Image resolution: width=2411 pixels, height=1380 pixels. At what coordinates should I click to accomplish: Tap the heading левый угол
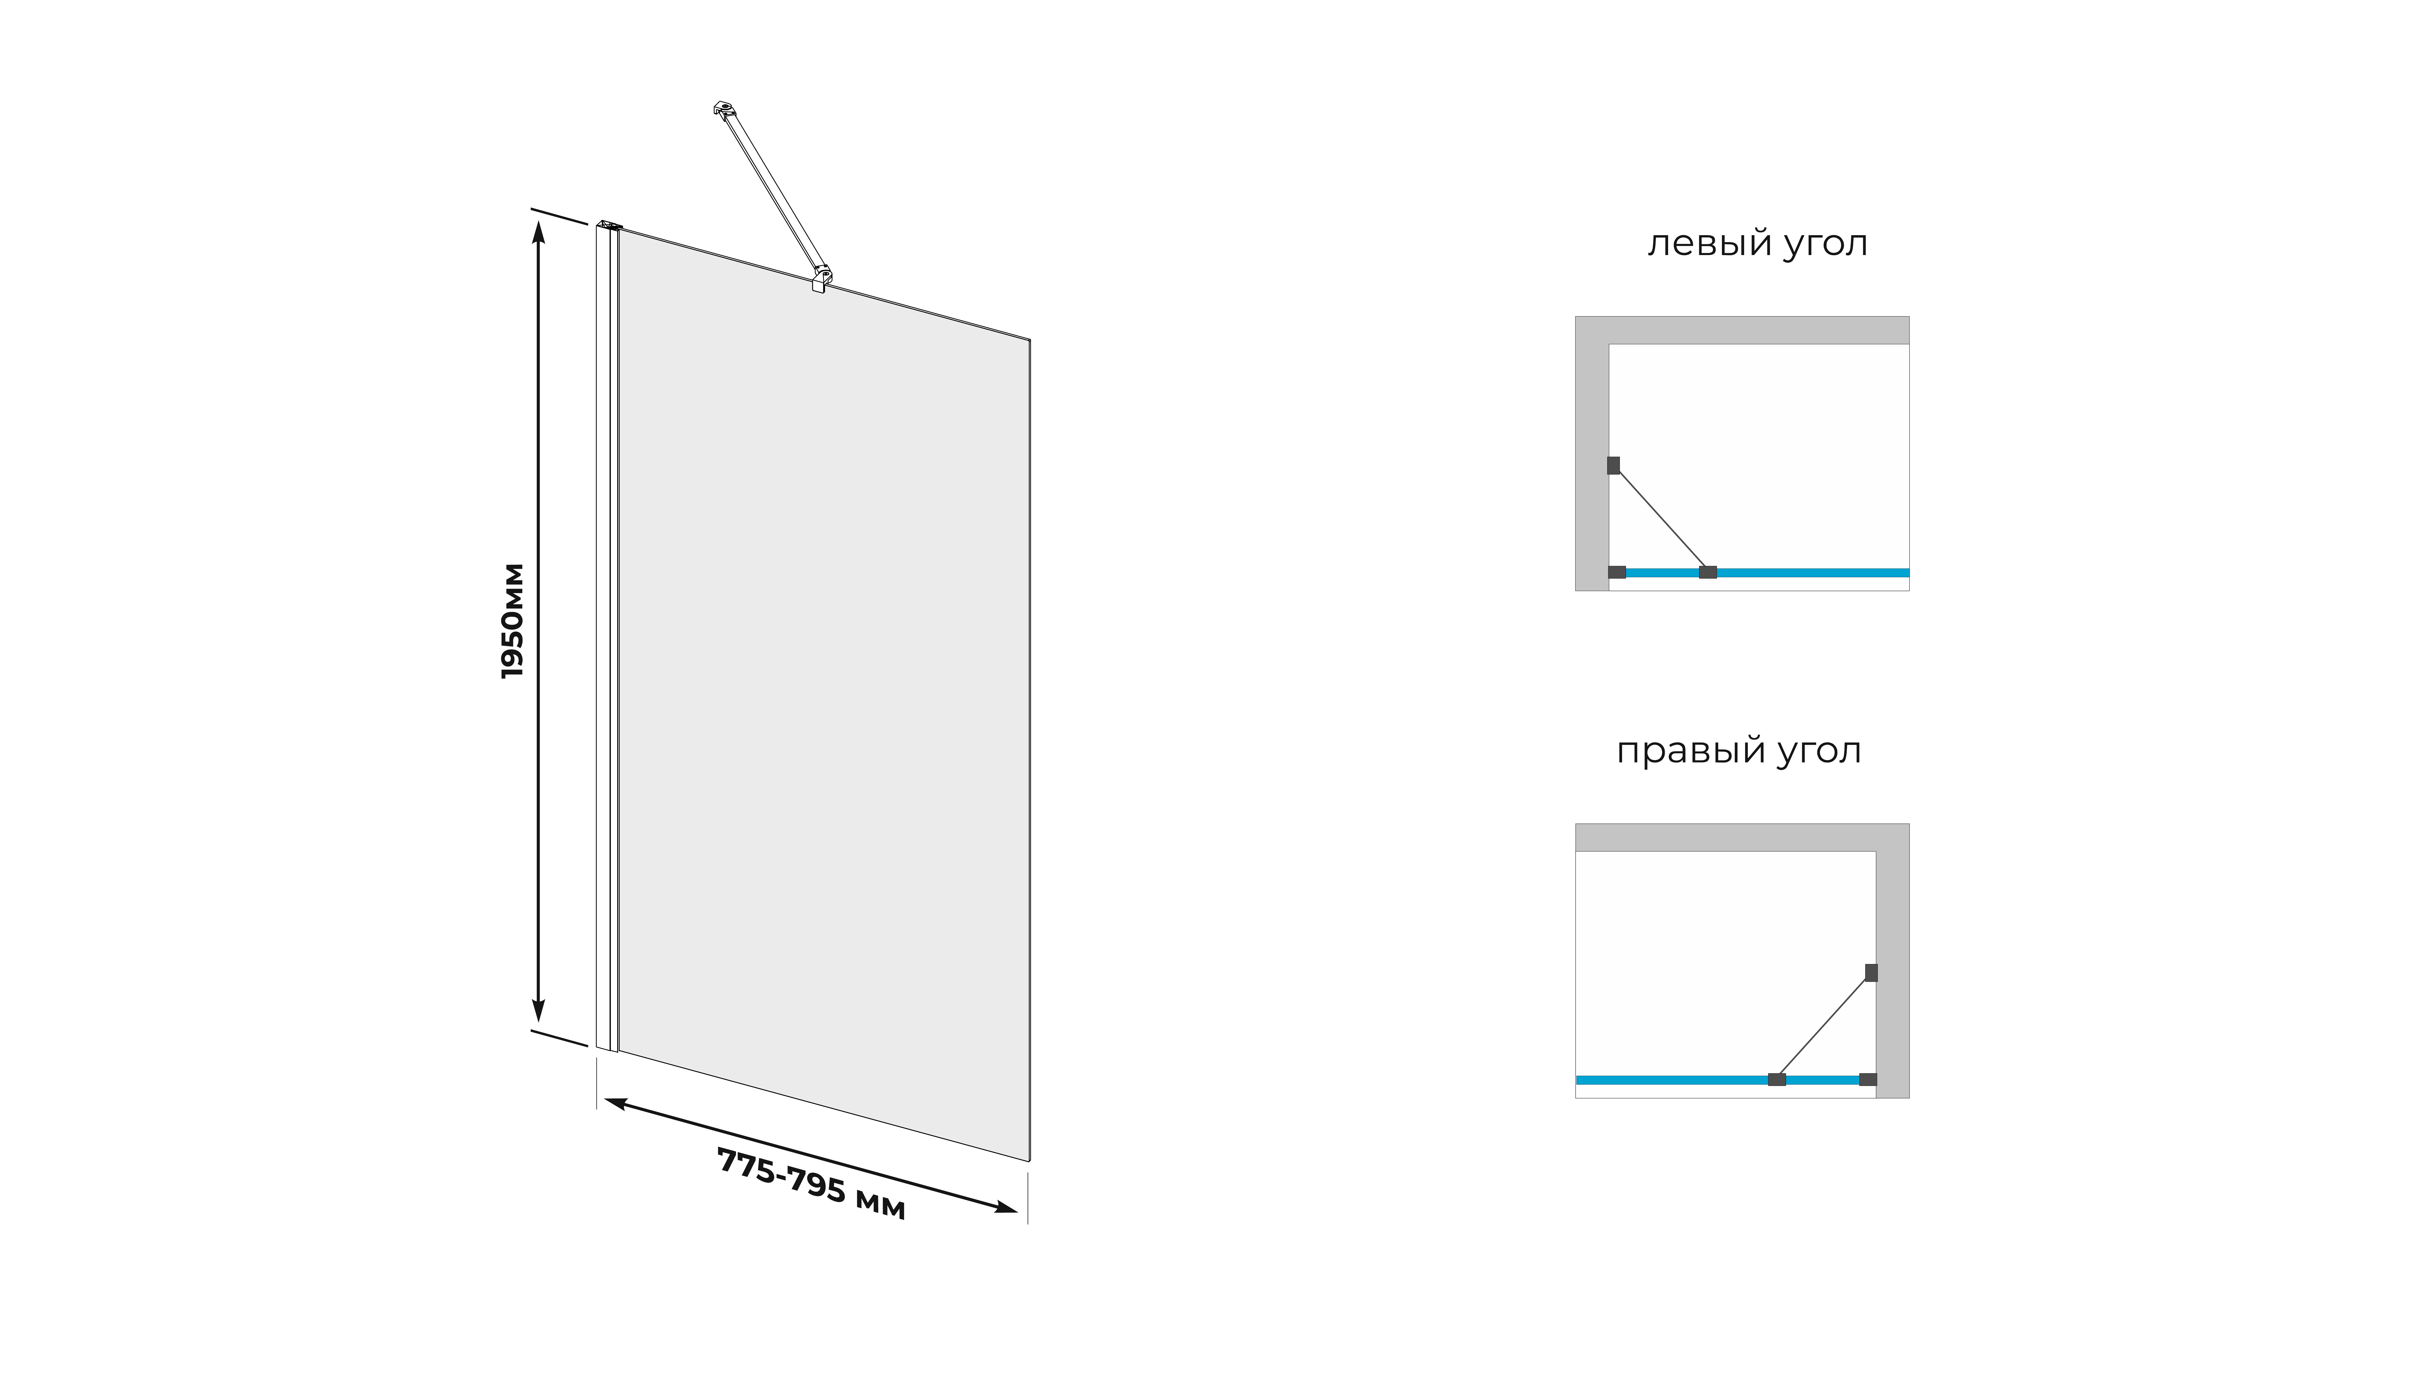tap(1757, 244)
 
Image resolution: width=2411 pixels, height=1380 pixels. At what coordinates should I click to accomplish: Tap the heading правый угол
tap(1738, 751)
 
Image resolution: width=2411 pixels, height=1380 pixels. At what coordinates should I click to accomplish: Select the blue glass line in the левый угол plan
tap(1809, 572)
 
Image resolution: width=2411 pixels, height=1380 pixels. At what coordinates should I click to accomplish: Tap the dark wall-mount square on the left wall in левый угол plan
tap(1613, 465)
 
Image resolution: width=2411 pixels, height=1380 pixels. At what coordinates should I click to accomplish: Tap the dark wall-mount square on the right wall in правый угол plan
tap(1871, 972)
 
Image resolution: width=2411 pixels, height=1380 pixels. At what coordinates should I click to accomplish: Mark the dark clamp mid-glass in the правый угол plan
tap(1777, 1080)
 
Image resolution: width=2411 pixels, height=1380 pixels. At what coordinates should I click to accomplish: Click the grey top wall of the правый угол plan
tap(1724, 837)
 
